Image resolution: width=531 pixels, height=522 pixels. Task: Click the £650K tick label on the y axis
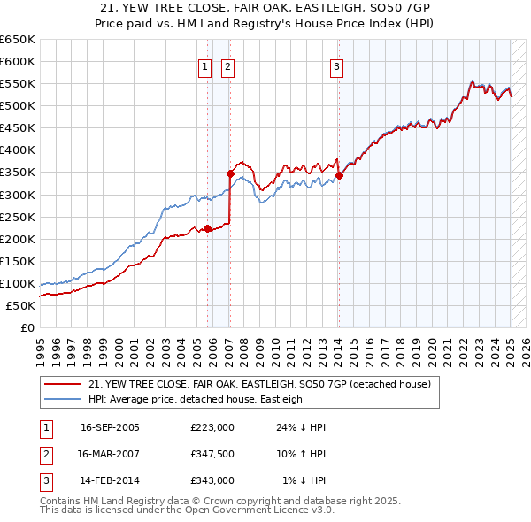(18, 40)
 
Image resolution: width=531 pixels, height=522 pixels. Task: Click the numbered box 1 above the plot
(205, 65)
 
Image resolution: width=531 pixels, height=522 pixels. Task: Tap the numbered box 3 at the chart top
(337, 65)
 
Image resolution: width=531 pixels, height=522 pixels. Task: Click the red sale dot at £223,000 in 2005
(208, 228)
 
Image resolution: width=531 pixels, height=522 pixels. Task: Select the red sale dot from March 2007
(230, 173)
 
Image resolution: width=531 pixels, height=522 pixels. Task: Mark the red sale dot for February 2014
(339, 175)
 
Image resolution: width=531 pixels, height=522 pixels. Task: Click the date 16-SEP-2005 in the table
(110, 427)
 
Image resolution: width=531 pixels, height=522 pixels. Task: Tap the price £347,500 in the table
(212, 454)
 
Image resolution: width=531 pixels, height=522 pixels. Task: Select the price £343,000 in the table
(212, 480)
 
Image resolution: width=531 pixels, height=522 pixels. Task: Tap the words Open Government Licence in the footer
(260, 510)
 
